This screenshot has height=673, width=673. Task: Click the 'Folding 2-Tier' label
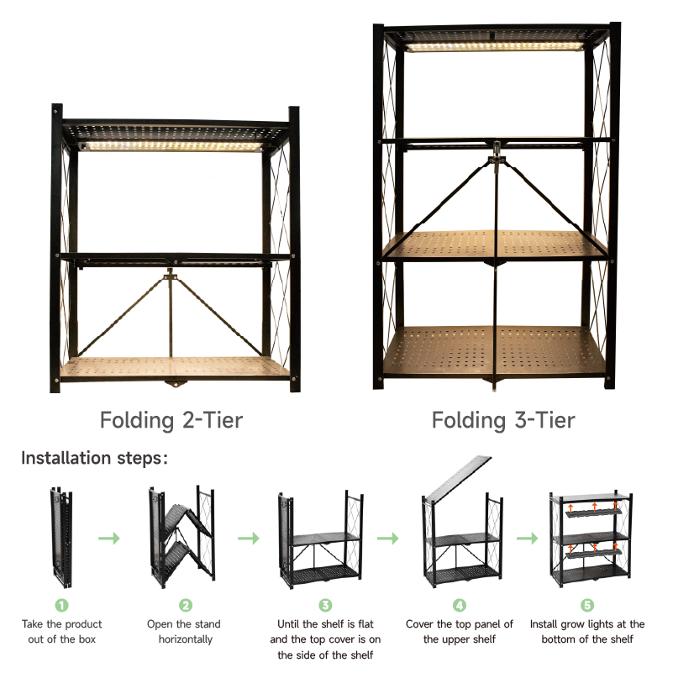[171, 420]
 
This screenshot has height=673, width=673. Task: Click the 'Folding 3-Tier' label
[503, 420]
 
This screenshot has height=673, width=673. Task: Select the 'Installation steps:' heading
[94, 458]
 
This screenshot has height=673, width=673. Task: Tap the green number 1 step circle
[62, 605]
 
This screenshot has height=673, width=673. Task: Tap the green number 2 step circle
[186, 605]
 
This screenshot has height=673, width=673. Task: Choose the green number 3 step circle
[325, 605]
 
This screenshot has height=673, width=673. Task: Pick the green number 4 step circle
[460, 605]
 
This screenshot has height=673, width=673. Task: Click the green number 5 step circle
[587, 605]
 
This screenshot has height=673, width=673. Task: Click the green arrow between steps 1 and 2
[109, 539]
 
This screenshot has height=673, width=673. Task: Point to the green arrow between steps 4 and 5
[527, 539]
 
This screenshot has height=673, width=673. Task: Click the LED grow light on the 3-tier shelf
[494, 46]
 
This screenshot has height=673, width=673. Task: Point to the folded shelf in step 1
[61, 538]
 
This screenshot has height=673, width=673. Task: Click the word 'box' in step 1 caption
[87, 639]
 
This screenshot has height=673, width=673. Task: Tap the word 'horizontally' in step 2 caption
[186, 639]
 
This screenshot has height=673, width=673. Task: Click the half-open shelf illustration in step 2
[182, 538]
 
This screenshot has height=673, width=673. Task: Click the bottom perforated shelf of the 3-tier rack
[494, 352]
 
